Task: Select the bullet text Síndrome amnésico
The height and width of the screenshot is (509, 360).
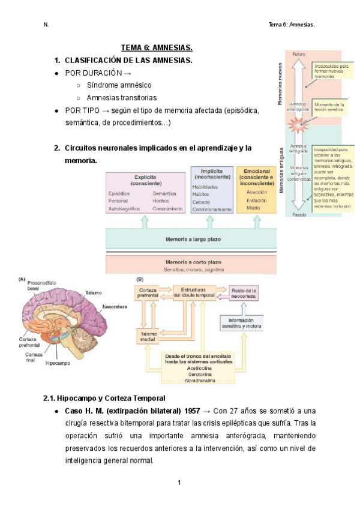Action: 119,85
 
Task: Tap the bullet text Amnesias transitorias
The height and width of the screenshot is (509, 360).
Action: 121,98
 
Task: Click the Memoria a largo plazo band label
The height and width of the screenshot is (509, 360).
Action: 193,239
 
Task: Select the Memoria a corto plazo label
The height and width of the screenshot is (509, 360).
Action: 193,262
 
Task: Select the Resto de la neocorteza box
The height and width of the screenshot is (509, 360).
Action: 244,294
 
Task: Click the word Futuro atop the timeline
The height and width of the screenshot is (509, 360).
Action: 298,55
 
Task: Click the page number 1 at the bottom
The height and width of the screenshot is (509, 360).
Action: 179,483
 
